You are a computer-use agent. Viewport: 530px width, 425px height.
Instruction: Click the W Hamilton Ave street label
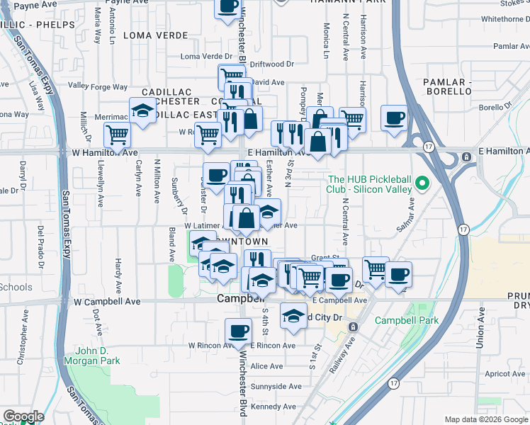click(x=105, y=152)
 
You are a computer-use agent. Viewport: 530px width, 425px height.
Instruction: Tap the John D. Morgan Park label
click(x=97, y=356)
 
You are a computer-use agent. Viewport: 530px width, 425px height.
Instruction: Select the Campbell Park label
click(x=407, y=320)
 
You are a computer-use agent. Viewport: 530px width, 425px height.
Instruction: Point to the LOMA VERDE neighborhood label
click(x=154, y=34)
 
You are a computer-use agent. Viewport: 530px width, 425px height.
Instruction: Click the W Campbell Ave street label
click(x=107, y=302)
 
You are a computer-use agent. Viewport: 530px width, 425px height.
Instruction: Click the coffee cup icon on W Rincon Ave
click(x=238, y=331)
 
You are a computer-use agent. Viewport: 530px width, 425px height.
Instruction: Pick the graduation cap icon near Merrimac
click(x=142, y=112)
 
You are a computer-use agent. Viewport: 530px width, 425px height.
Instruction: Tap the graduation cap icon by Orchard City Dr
click(x=293, y=315)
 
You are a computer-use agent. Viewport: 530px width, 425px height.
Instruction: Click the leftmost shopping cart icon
click(x=117, y=133)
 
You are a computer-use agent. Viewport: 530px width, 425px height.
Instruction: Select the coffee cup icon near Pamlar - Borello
click(x=394, y=117)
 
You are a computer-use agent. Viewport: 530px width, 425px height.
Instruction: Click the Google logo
click(x=23, y=416)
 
